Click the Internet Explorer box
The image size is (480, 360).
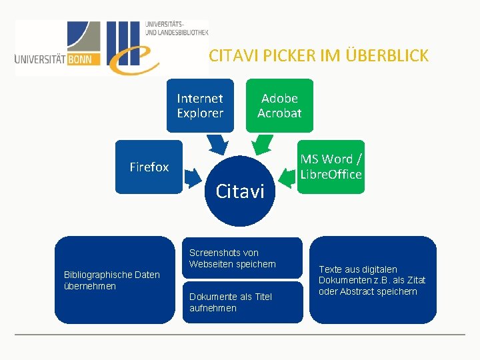pos(200,106)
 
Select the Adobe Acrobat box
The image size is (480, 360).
pos(279,106)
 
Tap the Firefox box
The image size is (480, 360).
pos(149,167)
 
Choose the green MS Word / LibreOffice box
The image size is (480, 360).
pos(331,167)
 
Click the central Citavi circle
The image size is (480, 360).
pos(240,191)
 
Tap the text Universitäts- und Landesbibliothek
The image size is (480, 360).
pos(176,28)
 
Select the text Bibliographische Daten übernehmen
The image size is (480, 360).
pos(111,280)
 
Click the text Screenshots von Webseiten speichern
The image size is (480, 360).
pos(232,259)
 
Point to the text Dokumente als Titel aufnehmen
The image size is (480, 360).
pos(231,302)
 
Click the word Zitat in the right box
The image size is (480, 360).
pos(413,280)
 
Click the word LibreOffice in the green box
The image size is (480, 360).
pos(331,175)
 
